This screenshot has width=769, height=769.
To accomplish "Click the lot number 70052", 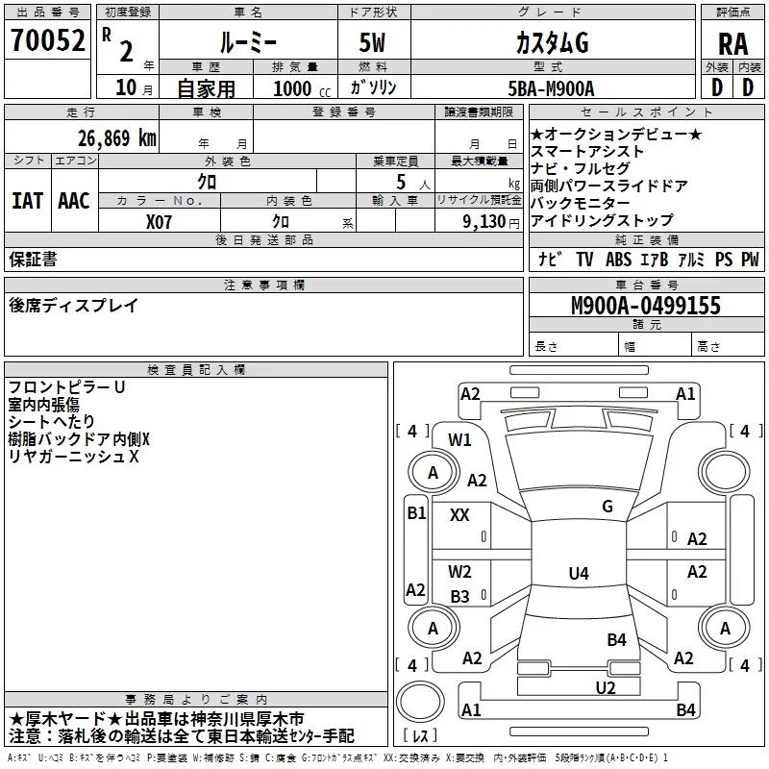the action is tap(47, 40).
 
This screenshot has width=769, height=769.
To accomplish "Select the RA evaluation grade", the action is tap(733, 44).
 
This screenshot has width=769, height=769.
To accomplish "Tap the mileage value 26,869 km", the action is tap(116, 138).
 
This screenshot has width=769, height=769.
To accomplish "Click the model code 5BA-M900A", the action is tap(551, 88).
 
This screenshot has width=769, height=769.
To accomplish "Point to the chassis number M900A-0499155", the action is tap(646, 305).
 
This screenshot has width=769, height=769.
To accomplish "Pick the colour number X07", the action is tap(159, 222).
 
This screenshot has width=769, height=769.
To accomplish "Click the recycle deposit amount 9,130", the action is tap(484, 222).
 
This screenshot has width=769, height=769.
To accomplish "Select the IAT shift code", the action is tap(27, 201).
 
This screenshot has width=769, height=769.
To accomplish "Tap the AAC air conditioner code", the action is tap(74, 201).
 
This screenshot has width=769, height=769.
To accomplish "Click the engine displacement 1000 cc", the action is tap(302, 88).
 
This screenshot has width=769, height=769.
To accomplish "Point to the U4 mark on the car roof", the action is tap(579, 573).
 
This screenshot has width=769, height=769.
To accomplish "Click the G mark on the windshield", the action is tap(608, 506).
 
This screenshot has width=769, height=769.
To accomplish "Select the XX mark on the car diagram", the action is tap(459, 514).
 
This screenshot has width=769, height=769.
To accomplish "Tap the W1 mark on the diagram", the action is tap(459, 440).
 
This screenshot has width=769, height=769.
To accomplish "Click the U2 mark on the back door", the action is tap(606, 687).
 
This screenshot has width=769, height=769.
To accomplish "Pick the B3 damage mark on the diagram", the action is tap(459, 596).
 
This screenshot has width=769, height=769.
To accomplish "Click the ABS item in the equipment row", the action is tap(618, 259).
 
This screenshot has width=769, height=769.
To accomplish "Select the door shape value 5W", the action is tap(372, 42).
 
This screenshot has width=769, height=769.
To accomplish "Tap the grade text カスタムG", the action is tap(552, 42).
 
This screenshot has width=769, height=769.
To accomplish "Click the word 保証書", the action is tap(33, 259).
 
